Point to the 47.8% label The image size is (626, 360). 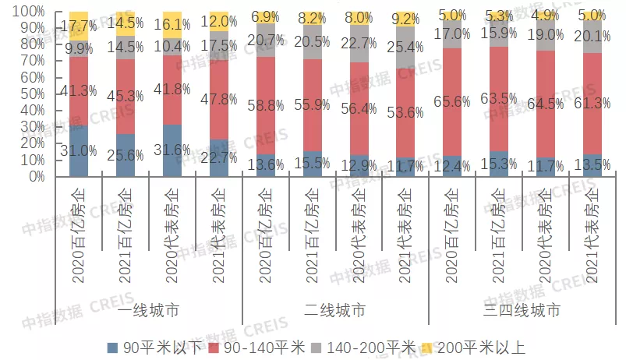[219, 99]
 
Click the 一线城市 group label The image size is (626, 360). [148, 310]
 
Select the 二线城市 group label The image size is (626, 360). [335, 310]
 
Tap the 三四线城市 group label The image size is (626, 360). [522, 310]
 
